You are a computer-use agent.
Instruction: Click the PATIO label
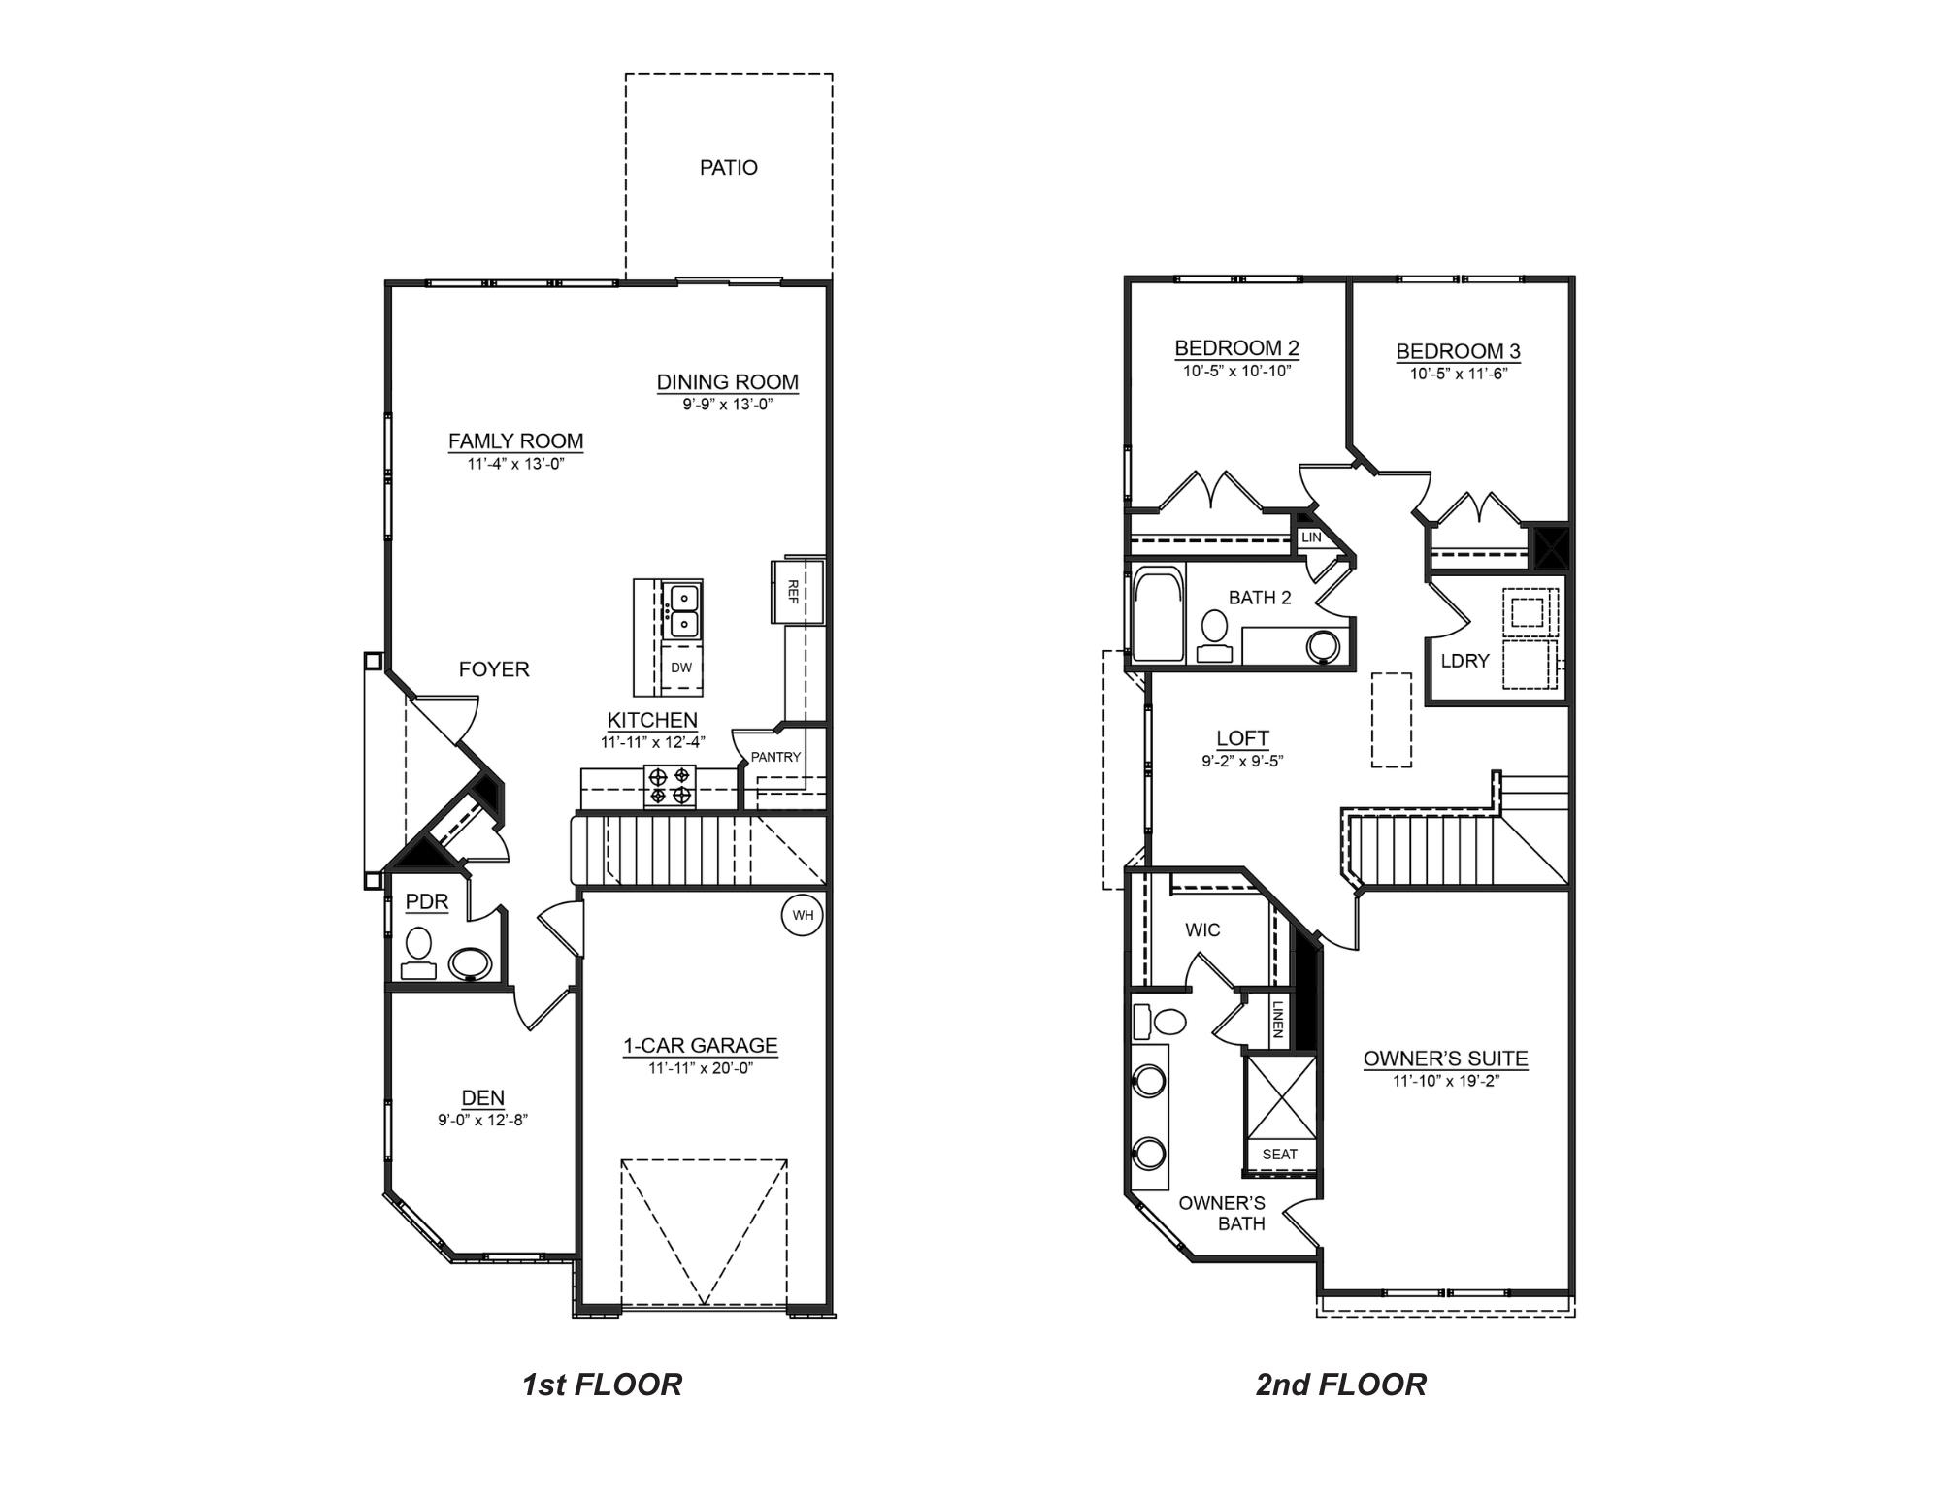coord(728,168)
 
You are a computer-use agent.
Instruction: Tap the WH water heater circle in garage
coord(803,915)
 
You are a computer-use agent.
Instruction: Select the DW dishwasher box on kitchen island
coord(681,668)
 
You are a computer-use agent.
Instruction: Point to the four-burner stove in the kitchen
coord(671,786)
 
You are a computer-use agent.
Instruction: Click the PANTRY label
coord(775,757)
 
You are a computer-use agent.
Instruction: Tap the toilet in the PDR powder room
coord(419,952)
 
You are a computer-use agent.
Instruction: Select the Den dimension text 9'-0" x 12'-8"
coord(482,1120)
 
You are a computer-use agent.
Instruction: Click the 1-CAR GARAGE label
coord(700,1045)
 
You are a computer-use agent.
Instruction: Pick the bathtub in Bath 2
coord(1158,615)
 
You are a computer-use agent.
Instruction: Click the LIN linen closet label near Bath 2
coord(1311,537)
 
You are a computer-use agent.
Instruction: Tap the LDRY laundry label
coord(1464,661)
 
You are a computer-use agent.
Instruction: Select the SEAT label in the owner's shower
coord(1279,1154)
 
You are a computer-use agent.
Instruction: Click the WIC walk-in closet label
coord(1202,929)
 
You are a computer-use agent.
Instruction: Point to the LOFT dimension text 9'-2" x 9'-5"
coord(1242,762)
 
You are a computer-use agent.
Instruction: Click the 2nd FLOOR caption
coord(1340,1385)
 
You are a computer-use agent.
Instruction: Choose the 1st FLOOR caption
coord(602,1385)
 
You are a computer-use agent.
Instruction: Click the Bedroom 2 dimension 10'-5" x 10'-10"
coord(1236,371)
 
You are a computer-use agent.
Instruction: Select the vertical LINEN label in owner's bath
coord(1278,1019)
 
